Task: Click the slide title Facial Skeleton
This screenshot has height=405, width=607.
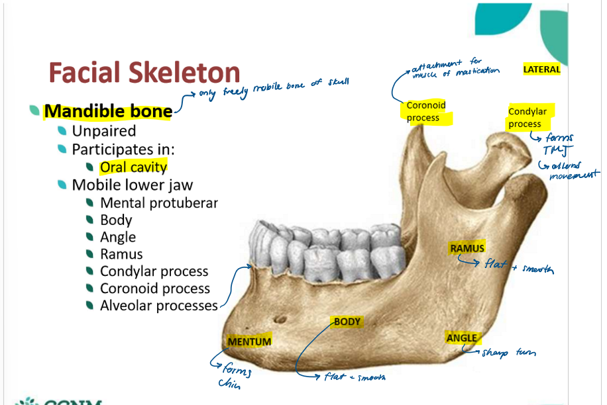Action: (x=144, y=73)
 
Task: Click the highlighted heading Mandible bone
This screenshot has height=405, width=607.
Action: (x=108, y=111)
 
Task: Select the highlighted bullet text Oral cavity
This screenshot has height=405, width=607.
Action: (x=133, y=167)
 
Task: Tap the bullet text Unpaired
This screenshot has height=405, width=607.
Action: (x=104, y=131)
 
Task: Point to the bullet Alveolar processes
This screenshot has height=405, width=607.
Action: (x=158, y=306)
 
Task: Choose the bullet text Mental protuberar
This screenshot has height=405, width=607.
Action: (x=159, y=202)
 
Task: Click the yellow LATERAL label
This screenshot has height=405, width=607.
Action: (x=541, y=69)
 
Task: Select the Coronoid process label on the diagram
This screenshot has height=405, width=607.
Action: (x=426, y=111)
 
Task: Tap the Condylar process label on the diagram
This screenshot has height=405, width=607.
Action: (x=528, y=118)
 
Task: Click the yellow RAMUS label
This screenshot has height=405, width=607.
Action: (x=467, y=248)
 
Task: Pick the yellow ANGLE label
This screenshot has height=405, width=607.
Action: (x=462, y=337)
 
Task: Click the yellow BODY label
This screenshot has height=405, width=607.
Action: (x=347, y=322)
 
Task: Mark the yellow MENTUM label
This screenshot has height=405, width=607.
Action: (x=249, y=341)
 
